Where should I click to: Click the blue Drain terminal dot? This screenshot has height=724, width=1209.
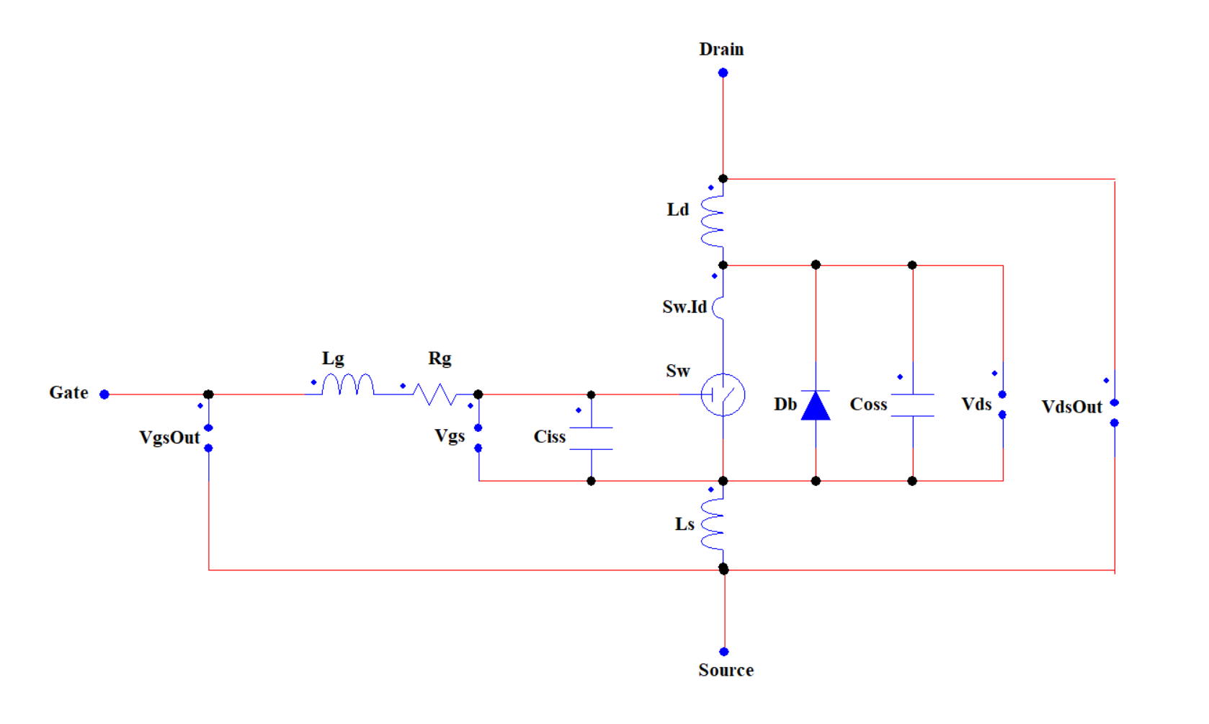coord(723,73)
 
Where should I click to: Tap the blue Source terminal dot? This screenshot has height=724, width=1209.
coord(724,652)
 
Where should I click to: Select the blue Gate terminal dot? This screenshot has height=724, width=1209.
coord(104,394)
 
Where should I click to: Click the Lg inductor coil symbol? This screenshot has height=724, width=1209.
coord(347,385)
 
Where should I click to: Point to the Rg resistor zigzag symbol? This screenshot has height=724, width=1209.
coord(434,394)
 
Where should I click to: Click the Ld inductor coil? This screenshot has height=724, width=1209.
coord(713,221)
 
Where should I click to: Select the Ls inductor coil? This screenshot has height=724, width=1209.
coord(713,524)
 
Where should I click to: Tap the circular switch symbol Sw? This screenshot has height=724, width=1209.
coord(723,395)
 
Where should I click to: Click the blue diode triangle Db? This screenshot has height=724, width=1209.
coord(816,406)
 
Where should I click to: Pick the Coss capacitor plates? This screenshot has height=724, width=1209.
coord(913,405)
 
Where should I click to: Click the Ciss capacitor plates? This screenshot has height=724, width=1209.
coord(591,438)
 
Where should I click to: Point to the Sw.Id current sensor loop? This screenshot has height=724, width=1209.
coord(718,308)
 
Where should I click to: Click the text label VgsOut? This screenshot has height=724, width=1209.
coord(169,438)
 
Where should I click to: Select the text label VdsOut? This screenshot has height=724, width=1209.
coord(1071,407)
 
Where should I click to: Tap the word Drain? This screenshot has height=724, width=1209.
coord(721,49)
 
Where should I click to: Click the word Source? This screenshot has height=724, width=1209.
coord(726,671)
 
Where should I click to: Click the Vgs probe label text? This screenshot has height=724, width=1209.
coord(450,436)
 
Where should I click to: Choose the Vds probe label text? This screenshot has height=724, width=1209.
coord(976,405)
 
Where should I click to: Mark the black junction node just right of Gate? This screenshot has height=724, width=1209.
coord(208,394)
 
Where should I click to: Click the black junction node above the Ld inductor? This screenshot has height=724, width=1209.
coord(723,179)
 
